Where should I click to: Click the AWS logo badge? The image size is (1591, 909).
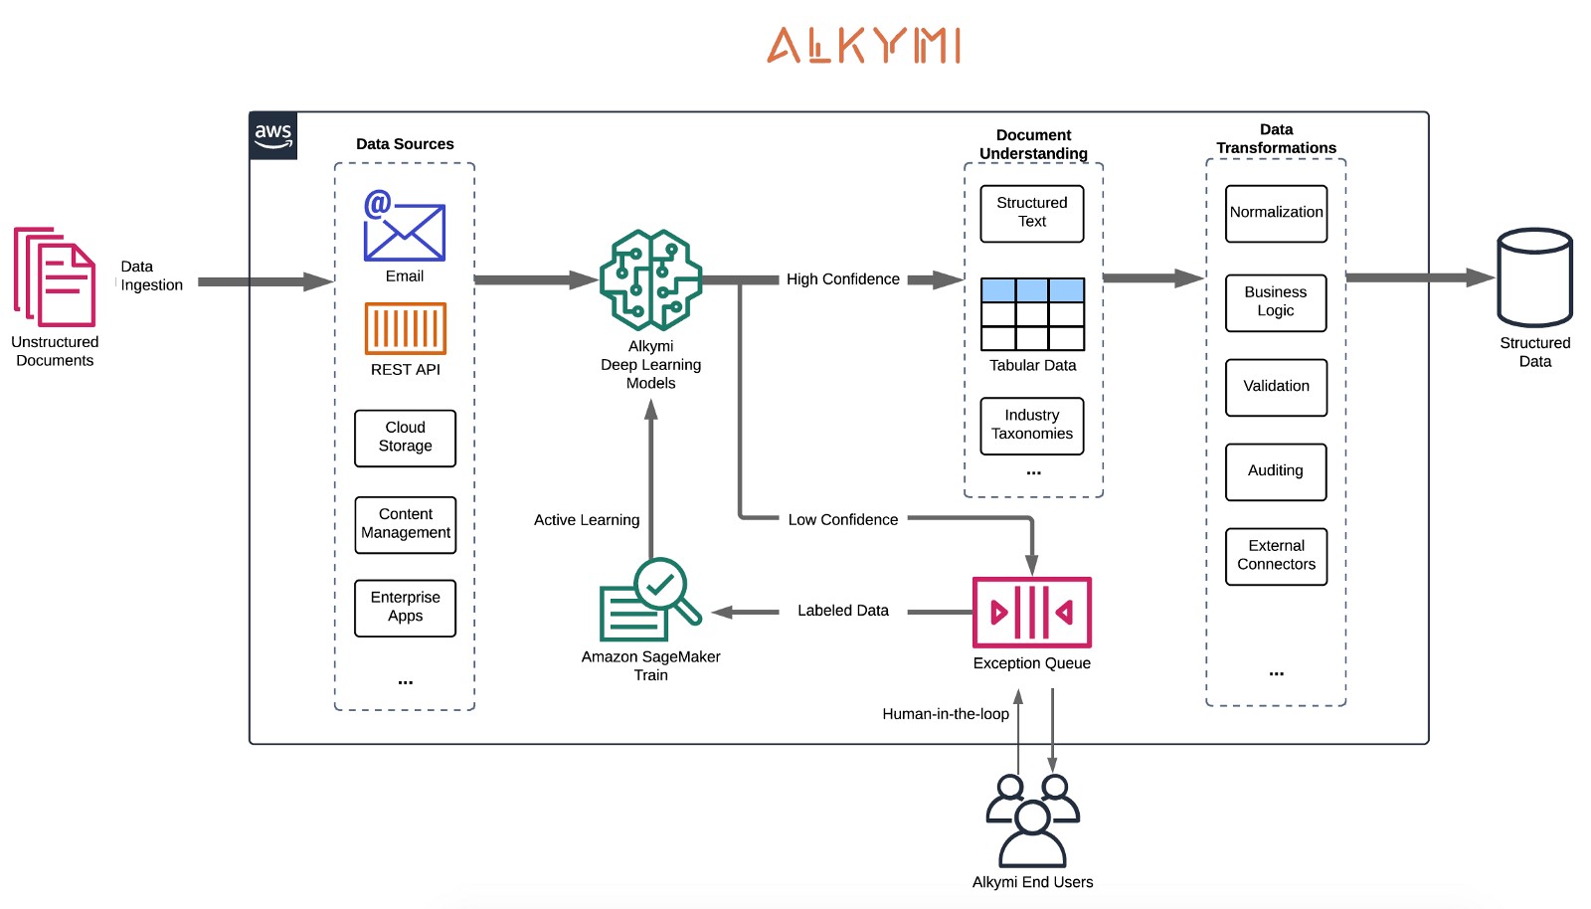273,135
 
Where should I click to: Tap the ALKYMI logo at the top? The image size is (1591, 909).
864,46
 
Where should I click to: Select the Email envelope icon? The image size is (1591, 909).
404,225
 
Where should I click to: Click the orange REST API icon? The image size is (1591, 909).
405,328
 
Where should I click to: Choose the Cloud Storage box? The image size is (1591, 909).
405,438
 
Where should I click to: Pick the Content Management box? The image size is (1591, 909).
405,524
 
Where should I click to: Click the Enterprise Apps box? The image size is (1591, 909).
405,608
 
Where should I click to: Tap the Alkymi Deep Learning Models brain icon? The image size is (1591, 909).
650,279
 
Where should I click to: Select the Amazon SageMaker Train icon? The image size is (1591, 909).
650,600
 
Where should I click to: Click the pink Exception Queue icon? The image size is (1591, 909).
1031,613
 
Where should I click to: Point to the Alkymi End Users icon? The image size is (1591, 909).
1033,820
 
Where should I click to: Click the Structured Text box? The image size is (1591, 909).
1032,214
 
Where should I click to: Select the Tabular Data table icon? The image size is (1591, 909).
1033,314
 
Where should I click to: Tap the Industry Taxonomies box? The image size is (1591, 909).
1032,426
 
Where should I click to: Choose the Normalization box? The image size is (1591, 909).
1277,214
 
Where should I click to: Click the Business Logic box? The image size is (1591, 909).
1276,302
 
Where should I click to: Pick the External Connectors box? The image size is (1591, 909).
1277,556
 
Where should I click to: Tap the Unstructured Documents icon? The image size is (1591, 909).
55,276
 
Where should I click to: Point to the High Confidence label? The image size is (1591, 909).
843,279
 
